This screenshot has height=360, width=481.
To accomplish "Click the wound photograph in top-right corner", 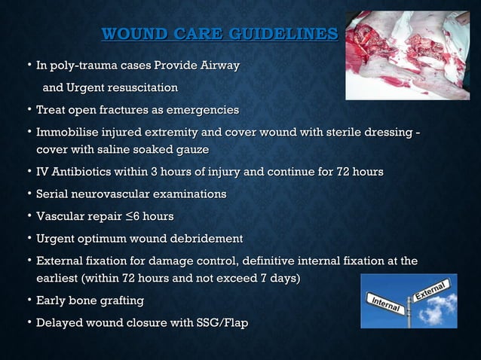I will [407, 55].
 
